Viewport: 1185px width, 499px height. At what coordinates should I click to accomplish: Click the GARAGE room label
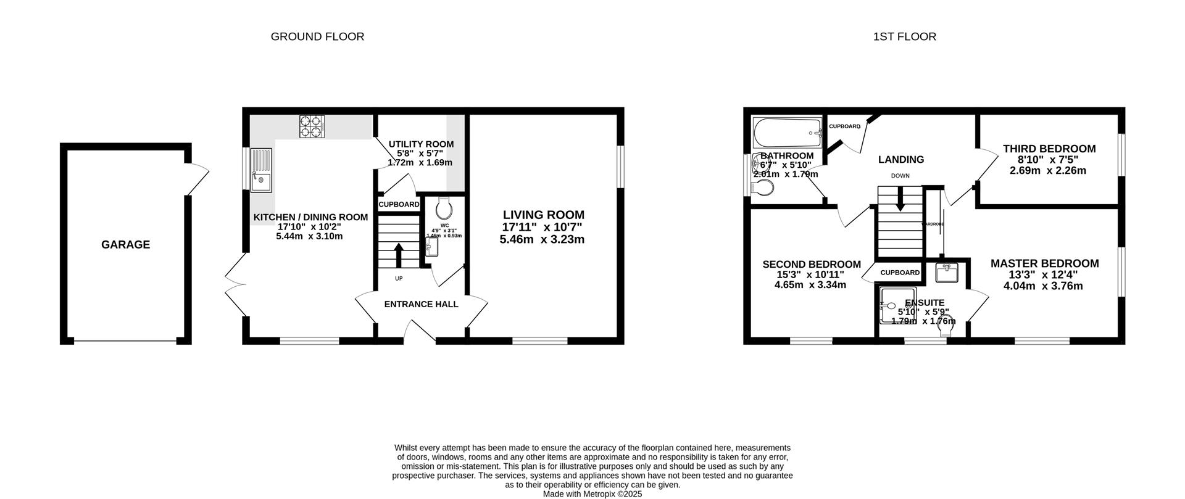pyautogui.click(x=125, y=245)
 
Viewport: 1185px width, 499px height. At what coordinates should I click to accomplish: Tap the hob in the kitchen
pyautogui.click(x=312, y=126)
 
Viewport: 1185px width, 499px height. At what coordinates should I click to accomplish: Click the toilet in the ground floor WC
pyautogui.click(x=444, y=208)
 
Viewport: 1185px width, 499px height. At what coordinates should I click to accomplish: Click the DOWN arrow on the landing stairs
pyautogui.click(x=900, y=201)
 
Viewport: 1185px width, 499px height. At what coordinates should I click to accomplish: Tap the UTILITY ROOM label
pyautogui.click(x=421, y=144)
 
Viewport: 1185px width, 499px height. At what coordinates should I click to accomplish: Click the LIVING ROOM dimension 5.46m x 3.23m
pyautogui.click(x=542, y=239)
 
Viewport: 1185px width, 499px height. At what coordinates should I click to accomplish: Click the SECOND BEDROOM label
pyautogui.click(x=811, y=265)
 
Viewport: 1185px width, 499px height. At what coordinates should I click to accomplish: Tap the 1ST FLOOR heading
pyautogui.click(x=904, y=37)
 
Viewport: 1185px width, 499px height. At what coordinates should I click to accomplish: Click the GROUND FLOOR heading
pyautogui.click(x=317, y=37)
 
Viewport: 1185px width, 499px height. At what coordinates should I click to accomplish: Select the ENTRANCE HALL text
pyautogui.click(x=421, y=304)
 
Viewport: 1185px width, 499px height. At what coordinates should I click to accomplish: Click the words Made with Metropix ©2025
pyautogui.click(x=592, y=494)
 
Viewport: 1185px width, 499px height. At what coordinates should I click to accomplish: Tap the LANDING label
pyautogui.click(x=901, y=160)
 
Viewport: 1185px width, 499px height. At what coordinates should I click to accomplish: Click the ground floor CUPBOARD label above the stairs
pyautogui.click(x=399, y=204)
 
